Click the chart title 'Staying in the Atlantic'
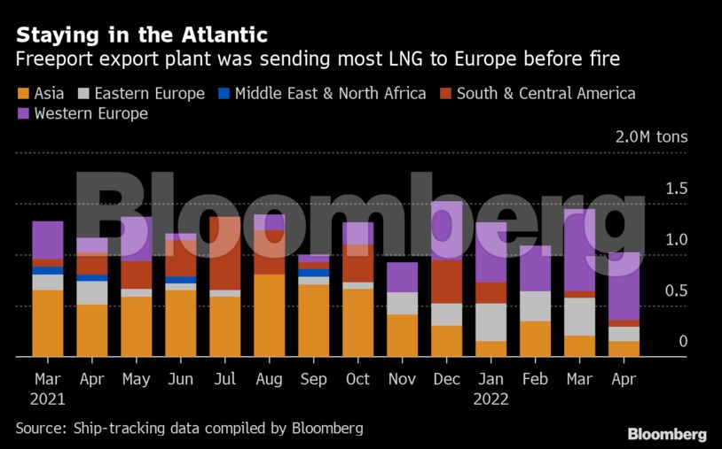(141, 35)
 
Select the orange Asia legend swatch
(22, 93)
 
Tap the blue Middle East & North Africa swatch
(224, 93)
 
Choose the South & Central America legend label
(545, 93)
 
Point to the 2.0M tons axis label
(651, 137)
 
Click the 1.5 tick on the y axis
(676, 188)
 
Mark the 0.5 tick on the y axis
(676, 290)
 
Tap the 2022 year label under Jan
(490, 399)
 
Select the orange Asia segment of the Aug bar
(269, 315)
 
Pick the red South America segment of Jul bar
(224, 253)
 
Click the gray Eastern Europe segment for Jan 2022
(490, 322)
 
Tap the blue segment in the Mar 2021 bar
(47, 271)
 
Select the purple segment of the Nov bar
(402, 277)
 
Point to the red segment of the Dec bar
(446, 282)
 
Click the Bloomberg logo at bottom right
(666, 434)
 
